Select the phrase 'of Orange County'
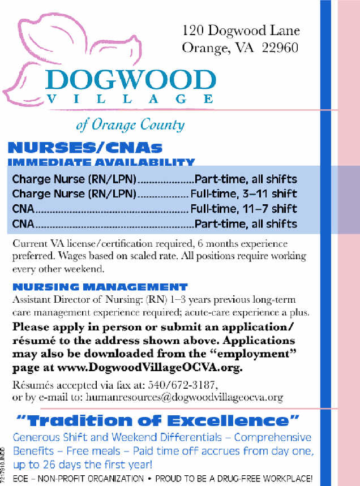pos(130,124)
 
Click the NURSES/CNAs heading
pos(85,149)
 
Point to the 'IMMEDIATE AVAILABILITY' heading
pos(101,163)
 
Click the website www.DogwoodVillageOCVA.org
pos(164,368)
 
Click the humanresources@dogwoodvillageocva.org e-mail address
pos(183,397)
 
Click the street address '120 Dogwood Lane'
pos(241,31)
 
